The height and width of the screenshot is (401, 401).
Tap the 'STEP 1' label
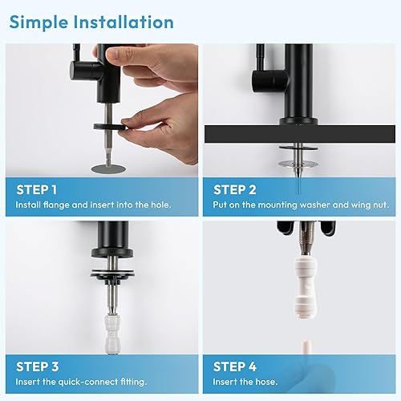pos(37,189)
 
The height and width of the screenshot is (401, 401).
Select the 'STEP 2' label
pos(234,189)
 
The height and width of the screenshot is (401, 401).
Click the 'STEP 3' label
pos(37,367)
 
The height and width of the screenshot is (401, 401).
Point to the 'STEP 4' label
pos(234,367)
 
